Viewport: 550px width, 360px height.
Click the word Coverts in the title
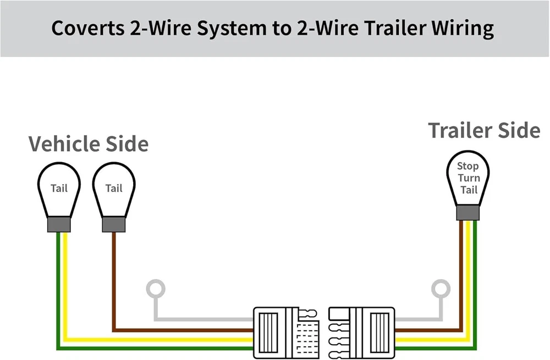point(87,28)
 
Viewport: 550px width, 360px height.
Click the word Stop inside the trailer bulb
point(468,166)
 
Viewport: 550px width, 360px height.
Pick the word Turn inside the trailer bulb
point(469,178)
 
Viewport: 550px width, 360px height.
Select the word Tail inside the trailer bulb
point(469,190)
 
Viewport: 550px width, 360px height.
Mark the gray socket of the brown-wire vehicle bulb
point(114,224)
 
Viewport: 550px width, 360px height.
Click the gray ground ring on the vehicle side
point(156,288)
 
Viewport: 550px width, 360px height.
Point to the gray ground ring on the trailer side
point(441,288)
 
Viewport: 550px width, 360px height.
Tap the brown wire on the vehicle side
point(114,286)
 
